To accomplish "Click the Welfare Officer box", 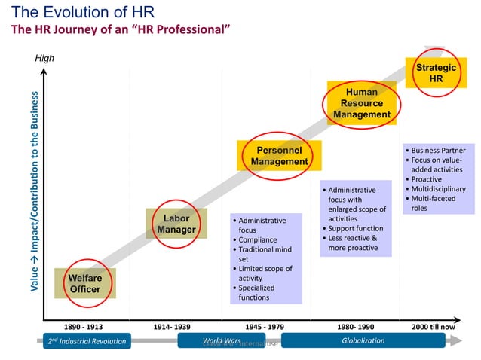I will (85, 283).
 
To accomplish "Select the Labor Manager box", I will (176, 224).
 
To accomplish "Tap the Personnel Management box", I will (280, 155).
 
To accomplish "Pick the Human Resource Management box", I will (362, 103).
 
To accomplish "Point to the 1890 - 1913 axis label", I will (83, 327).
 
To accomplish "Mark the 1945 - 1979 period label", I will (266, 327).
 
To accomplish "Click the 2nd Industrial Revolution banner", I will (87, 341).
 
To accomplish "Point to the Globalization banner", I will (363, 341).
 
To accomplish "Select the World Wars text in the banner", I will (222, 341).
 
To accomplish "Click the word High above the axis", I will (45, 59).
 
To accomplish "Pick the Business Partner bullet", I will (439, 151).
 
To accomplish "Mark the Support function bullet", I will (355, 229).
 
